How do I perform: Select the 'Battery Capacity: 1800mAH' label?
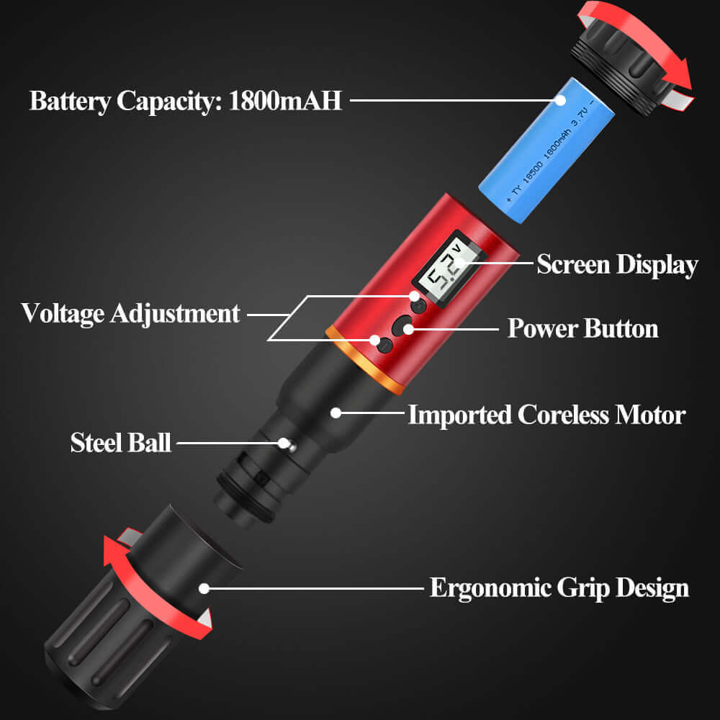click(186, 101)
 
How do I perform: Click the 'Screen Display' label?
click(617, 265)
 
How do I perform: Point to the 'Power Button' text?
click(582, 328)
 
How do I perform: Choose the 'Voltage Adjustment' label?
click(130, 314)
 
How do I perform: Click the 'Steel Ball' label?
click(121, 443)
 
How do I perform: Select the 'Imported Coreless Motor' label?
click(547, 415)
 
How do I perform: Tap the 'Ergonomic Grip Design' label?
click(559, 588)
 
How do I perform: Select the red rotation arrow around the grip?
click(147, 593)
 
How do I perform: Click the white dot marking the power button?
click(408, 329)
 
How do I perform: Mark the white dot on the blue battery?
click(560, 100)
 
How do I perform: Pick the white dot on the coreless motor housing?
click(336, 413)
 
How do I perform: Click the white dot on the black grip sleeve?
click(204, 588)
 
